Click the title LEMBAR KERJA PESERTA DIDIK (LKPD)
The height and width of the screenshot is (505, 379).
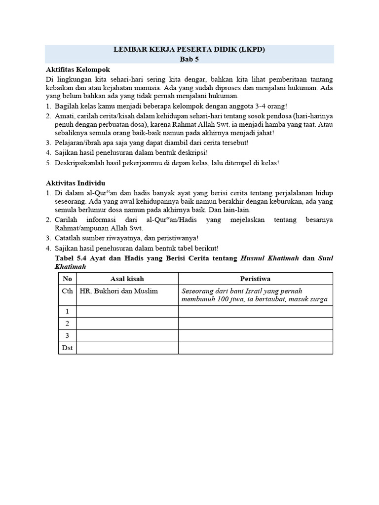pos(189,50)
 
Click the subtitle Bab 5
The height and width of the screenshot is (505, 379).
pos(189,59)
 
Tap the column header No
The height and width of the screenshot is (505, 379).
pos(68,278)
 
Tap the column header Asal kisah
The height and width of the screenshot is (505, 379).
pos(127,278)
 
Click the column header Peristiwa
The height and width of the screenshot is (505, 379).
pos(255,278)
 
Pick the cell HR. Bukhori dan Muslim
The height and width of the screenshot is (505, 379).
pos(118,291)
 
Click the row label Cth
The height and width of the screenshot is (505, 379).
pos(68,291)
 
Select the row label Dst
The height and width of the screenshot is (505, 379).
pos(68,348)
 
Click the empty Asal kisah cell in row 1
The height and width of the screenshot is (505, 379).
pos(127,311)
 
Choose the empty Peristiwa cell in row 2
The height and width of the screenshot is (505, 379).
pos(255,324)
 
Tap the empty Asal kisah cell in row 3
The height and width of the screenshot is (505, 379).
pos(127,336)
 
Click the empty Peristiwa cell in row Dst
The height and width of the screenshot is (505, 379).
pos(255,348)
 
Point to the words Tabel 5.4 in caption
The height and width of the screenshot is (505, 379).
pos(70,258)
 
